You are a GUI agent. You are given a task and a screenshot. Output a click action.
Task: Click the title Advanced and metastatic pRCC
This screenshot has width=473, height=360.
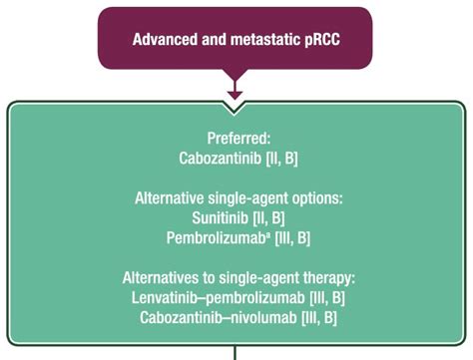[236, 40]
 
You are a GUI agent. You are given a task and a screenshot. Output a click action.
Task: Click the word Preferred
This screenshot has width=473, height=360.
[236, 139]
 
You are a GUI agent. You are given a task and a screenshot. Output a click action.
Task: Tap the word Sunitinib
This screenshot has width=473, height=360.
[216, 217]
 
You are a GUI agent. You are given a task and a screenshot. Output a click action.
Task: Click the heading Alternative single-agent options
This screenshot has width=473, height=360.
[237, 198]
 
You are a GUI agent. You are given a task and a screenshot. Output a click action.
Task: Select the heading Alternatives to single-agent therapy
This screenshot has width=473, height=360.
[237, 277]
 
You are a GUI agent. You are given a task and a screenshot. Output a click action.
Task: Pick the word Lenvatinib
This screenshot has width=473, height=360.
[163, 297]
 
